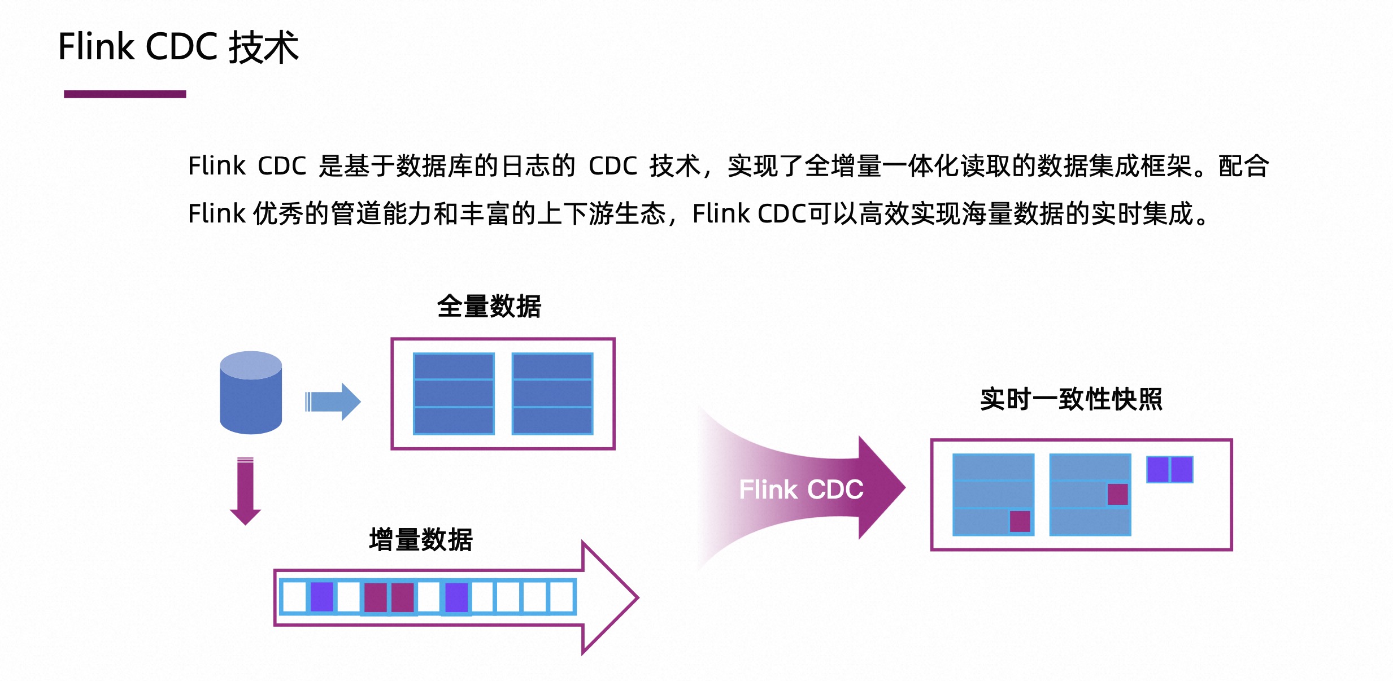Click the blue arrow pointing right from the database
point(333,402)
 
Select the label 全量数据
point(489,307)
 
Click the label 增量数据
point(421,539)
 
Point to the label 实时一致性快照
point(1071,399)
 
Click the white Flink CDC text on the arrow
point(801,489)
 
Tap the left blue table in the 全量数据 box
point(454,394)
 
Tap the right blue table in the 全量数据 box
point(552,394)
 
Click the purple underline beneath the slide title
point(125,94)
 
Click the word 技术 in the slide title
point(264,47)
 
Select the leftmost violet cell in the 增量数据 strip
point(322,597)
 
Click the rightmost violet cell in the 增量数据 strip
point(456,597)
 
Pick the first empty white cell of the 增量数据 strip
point(294,597)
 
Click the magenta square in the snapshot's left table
point(1020,521)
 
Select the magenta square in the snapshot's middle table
point(1117,494)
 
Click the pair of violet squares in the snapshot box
point(1169,469)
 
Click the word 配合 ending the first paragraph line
point(1244,166)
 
